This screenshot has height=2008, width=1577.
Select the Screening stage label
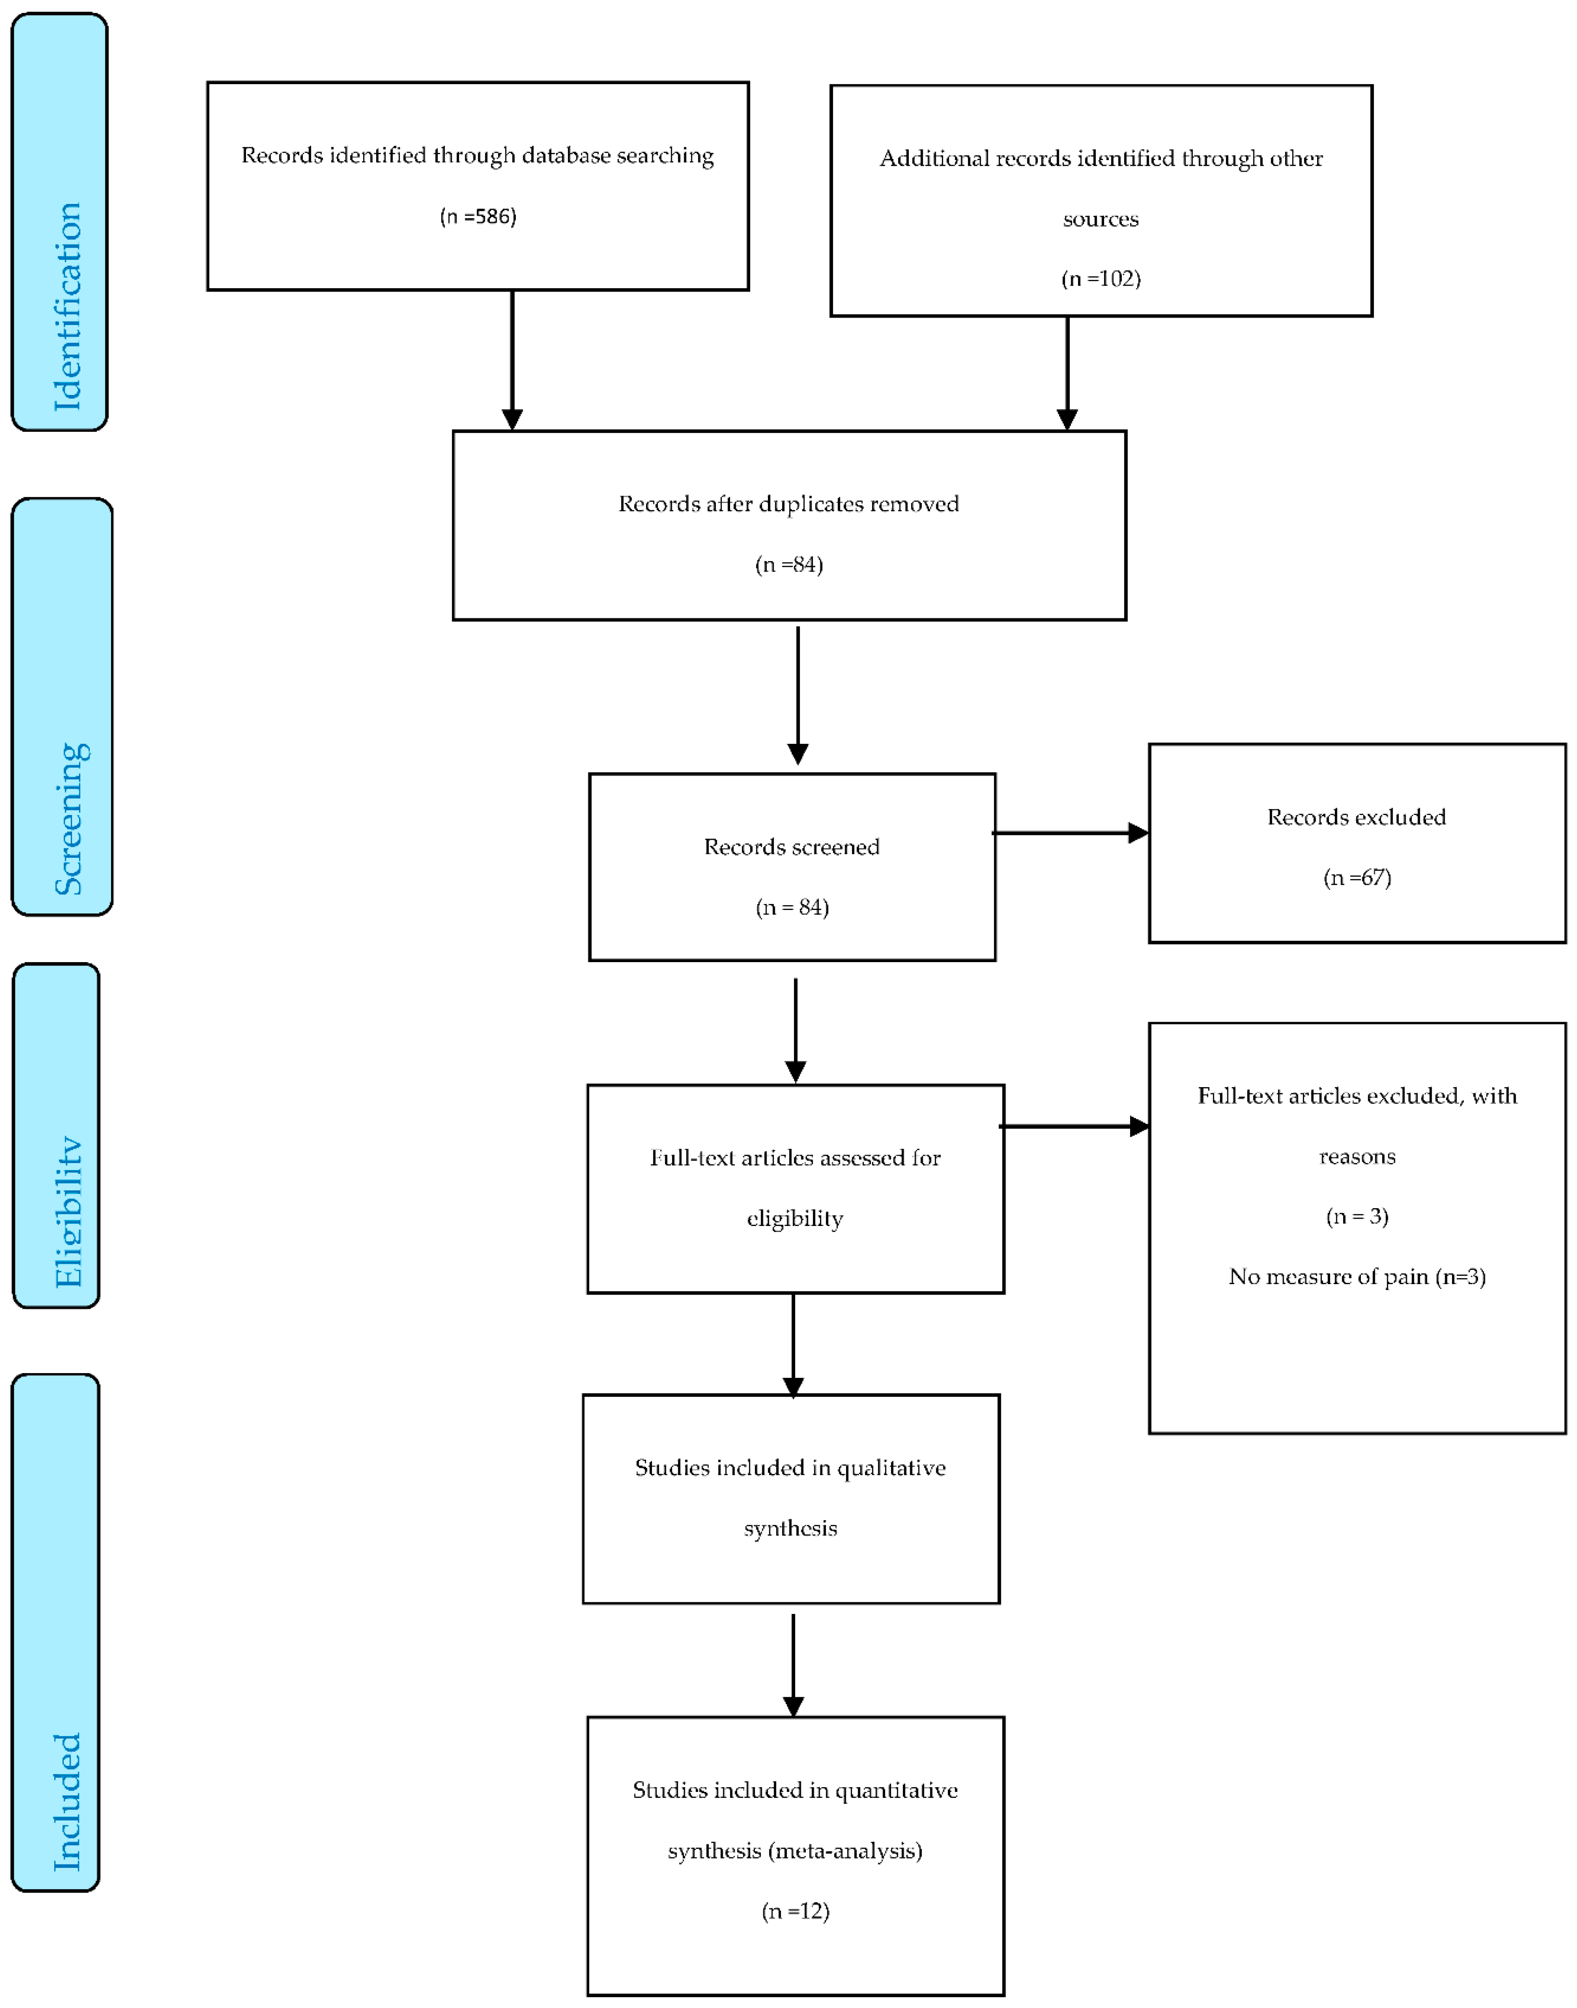(x=70, y=818)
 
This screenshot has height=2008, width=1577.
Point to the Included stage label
(x=66, y=1801)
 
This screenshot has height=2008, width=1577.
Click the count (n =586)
(x=477, y=216)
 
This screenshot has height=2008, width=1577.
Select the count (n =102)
(x=1101, y=278)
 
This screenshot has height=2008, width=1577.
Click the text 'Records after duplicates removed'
(x=789, y=503)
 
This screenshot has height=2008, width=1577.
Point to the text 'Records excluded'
(x=1356, y=816)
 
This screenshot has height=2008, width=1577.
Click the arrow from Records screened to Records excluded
(x=1071, y=833)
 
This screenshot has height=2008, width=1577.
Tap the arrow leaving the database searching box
(x=512, y=360)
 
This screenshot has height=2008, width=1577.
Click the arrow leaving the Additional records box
(x=1067, y=373)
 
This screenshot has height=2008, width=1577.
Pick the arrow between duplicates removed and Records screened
(x=798, y=695)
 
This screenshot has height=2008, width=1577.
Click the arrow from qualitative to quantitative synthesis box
(x=793, y=1664)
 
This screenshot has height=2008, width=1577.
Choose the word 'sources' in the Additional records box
(x=1101, y=219)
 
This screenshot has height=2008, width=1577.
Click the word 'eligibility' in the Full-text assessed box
(x=795, y=1218)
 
